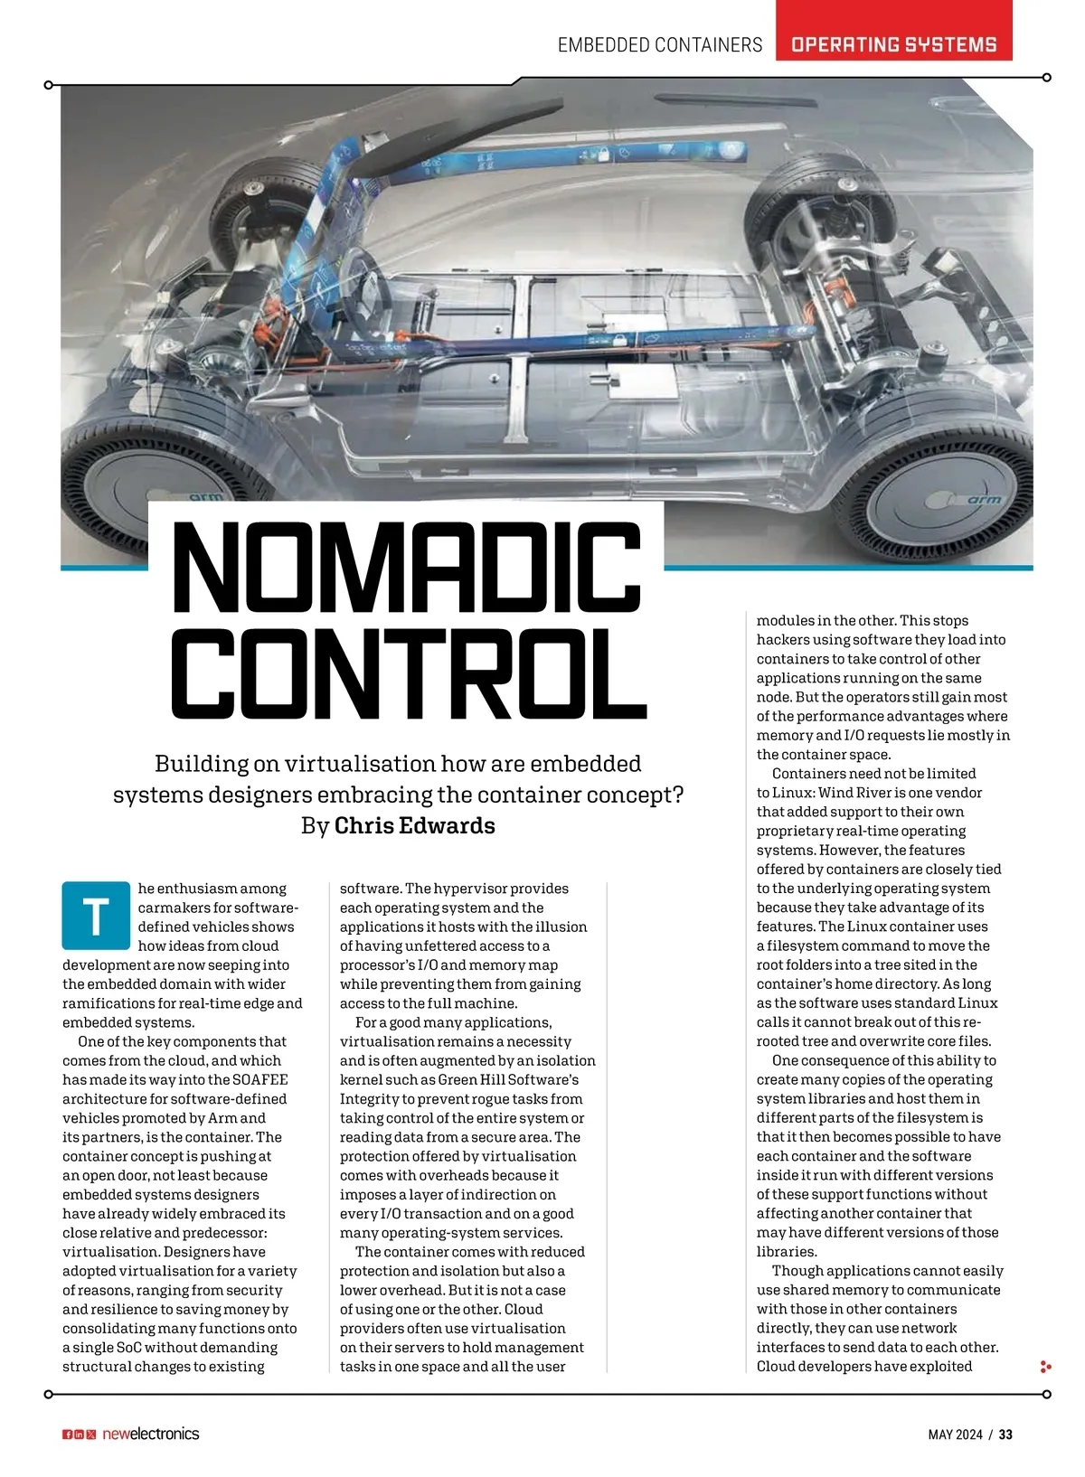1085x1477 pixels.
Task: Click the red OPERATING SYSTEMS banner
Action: [x=893, y=44]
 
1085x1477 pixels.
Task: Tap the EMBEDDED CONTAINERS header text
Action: [x=660, y=45]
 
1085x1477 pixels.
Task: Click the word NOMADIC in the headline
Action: [x=407, y=567]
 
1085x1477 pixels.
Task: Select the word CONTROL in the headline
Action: [x=409, y=673]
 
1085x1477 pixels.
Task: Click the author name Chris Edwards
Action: [x=415, y=825]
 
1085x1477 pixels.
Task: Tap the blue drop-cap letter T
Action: [x=96, y=915]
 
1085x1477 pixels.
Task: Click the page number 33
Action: [x=1005, y=1435]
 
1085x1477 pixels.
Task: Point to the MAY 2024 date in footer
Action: [x=955, y=1435]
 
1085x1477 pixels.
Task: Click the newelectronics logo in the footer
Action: [x=150, y=1434]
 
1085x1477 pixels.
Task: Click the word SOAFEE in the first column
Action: [x=259, y=1079]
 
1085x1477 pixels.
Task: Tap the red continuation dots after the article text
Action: [x=1045, y=1367]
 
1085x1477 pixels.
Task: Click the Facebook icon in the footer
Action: [x=67, y=1435]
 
